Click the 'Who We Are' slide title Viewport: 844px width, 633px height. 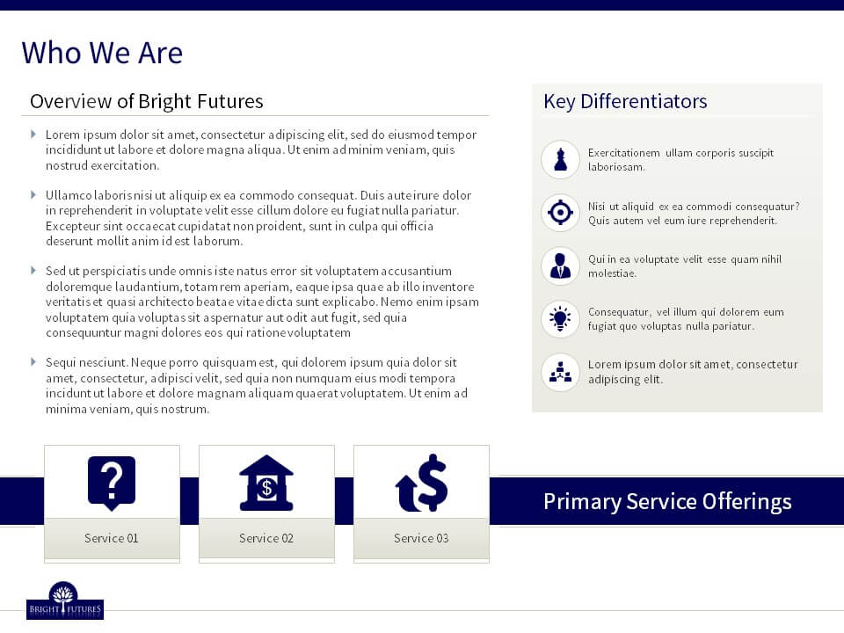click(x=102, y=53)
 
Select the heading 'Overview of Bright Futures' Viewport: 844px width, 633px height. click(x=147, y=101)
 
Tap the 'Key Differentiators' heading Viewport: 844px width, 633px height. click(x=625, y=101)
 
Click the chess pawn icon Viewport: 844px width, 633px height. click(x=560, y=159)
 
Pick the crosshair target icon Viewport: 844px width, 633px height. click(x=560, y=212)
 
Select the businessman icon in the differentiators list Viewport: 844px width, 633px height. click(x=560, y=266)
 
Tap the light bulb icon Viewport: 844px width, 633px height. click(x=560, y=318)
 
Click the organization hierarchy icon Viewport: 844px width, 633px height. click(x=560, y=371)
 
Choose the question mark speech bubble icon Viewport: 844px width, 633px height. click(x=112, y=483)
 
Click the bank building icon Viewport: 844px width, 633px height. click(x=266, y=483)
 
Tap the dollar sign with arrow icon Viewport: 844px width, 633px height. click(x=421, y=483)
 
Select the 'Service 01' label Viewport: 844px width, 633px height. click(x=112, y=538)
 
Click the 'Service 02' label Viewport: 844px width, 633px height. click(x=266, y=538)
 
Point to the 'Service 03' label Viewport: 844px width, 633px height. click(x=421, y=538)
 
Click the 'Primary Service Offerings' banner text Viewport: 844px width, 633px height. click(x=667, y=502)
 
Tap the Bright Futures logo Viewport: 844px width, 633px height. click(x=64, y=600)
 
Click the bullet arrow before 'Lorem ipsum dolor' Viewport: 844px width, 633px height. click(x=33, y=134)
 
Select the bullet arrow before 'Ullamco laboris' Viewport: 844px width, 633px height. click(x=33, y=194)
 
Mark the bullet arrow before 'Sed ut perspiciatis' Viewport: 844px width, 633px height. click(x=33, y=270)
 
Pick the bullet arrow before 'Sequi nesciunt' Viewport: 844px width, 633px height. click(x=33, y=361)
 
